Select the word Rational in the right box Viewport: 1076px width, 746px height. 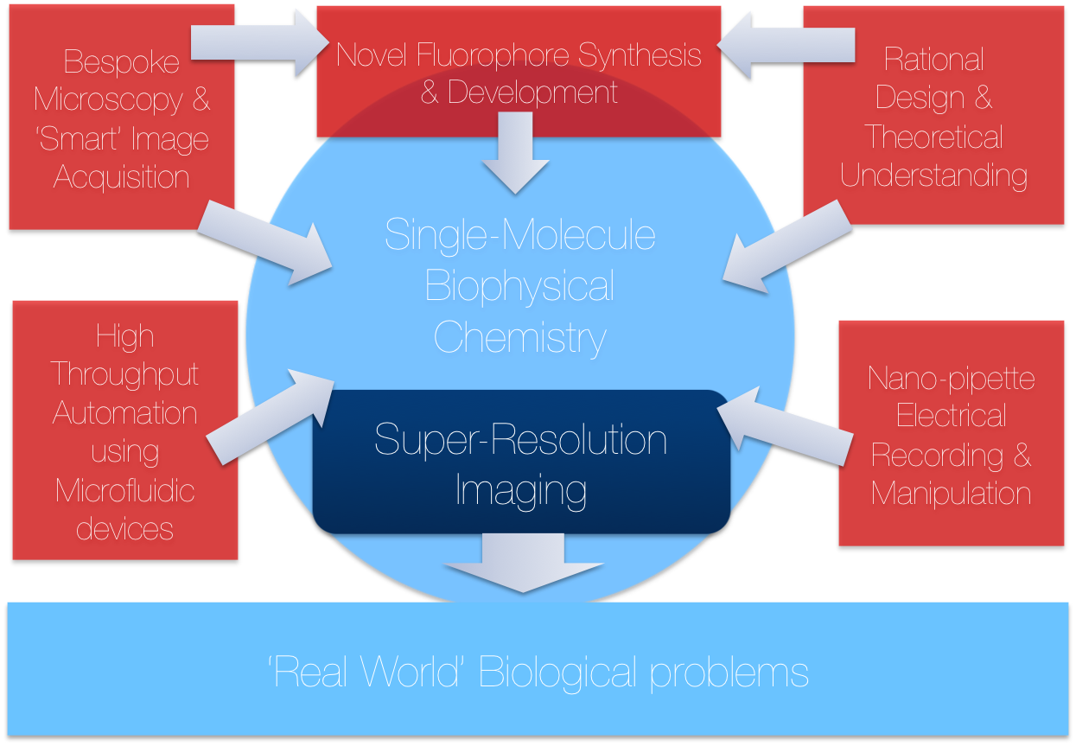(x=934, y=60)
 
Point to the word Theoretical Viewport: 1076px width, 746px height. (x=934, y=137)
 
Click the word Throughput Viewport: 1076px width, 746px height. (x=125, y=374)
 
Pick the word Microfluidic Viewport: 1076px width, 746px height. (x=125, y=491)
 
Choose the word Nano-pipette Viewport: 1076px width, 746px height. (x=952, y=379)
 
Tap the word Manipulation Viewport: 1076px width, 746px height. (x=952, y=494)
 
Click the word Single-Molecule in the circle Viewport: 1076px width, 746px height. (x=520, y=235)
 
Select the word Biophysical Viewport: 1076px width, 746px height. (x=520, y=286)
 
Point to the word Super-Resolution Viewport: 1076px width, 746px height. (x=520, y=440)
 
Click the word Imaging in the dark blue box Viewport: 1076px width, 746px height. (x=520, y=490)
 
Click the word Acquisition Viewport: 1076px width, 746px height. (x=122, y=177)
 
